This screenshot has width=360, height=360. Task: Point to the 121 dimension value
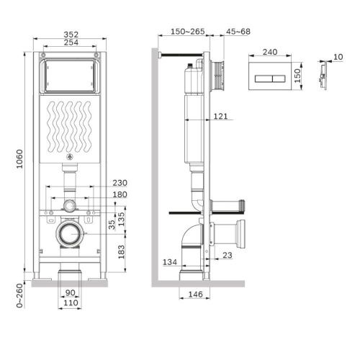tap(222, 116)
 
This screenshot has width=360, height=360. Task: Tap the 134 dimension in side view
tap(169, 261)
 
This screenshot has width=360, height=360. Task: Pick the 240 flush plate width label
tap(271, 52)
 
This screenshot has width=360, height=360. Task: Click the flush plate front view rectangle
tap(271, 74)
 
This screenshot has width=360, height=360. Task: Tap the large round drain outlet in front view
tap(69, 233)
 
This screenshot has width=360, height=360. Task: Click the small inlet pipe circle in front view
tap(69, 206)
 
